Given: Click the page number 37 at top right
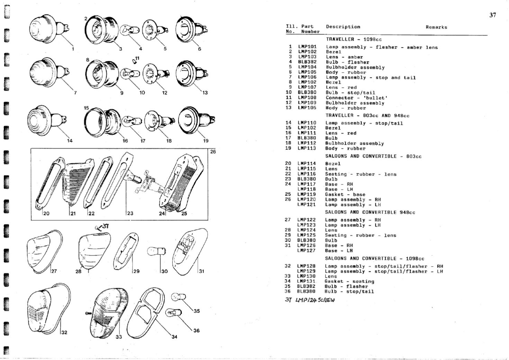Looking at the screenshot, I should pyautogui.click(x=493, y=15).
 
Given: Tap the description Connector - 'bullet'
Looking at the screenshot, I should pyautogui.click(x=356, y=98).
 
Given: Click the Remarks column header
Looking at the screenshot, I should pyautogui.click(x=436, y=27).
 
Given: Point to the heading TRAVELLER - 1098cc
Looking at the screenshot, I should pyautogui.click(x=354, y=39).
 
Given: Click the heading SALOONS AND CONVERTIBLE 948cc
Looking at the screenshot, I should pyautogui.click(x=370, y=212).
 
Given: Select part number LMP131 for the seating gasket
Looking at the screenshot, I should pyautogui.click(x=306, y=281).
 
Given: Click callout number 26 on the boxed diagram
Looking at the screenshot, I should pyautogui.click(x=212, y=152).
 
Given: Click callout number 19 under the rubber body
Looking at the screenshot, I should pyautogui.click(x=206, y=141).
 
